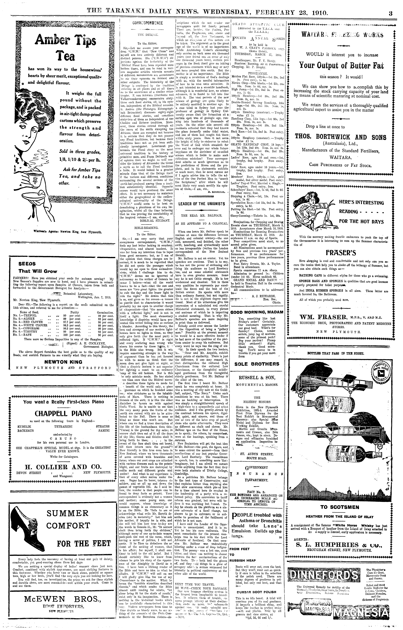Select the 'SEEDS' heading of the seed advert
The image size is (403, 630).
[27, 264]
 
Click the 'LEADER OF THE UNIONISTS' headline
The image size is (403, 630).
[202, 204]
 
